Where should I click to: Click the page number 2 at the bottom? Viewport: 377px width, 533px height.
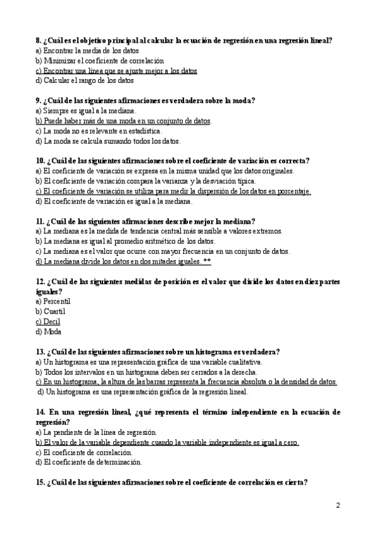click(x=338, y=505)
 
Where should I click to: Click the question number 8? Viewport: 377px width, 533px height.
click(x=39, y=40)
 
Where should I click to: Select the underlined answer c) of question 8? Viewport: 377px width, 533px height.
click(x=116, y=71)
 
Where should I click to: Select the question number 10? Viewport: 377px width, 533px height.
click(x=41, y=161)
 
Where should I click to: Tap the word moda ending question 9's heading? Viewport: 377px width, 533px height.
click(x=243, y=101)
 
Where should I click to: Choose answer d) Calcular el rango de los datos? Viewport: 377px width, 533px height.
click(x=85, y=80)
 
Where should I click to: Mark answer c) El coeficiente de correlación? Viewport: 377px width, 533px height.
click(x=84, y=453)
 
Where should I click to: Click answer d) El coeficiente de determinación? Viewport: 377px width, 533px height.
click(x=89, y=463)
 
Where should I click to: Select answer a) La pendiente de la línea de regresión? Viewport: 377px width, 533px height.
click(x=96, y=432)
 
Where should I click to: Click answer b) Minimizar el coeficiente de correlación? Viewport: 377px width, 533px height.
click(x=100, y=61)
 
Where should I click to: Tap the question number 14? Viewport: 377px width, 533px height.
click(x=41, y=412)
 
